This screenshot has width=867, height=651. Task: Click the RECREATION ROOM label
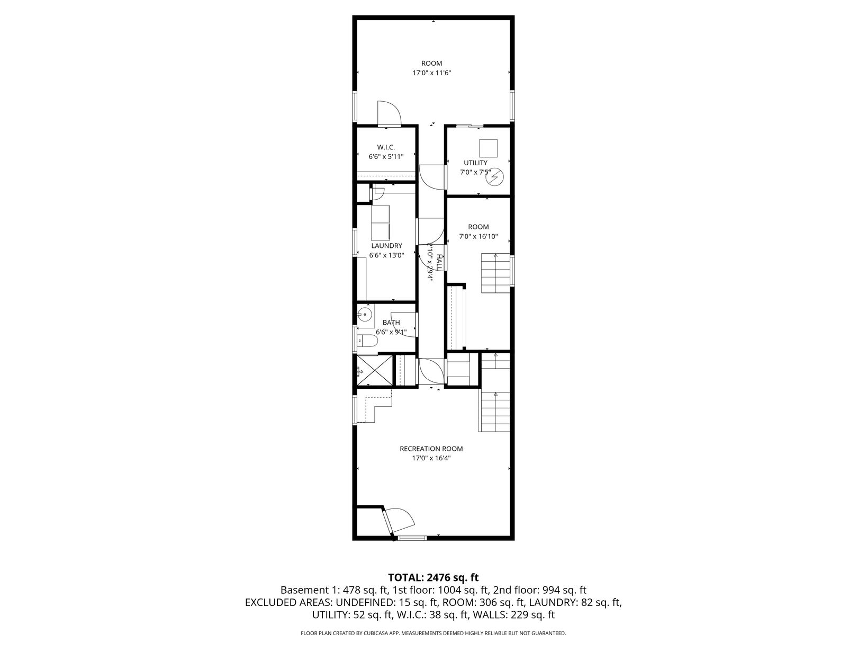click(431, 449)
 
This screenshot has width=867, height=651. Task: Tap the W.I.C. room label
click(386, 147)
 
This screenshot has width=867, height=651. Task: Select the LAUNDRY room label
click(386, 246)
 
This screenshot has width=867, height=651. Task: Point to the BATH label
click(391, 323)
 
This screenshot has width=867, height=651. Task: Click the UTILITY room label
click(475, 163)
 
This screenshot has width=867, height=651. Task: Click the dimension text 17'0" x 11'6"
click(432, 73)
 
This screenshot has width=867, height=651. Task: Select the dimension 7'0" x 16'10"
click(478, 237)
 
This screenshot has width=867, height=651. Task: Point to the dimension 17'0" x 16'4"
click(431, 459)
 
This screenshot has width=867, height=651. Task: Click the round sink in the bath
click(365, 315)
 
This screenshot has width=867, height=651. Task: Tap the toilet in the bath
click(368, 341)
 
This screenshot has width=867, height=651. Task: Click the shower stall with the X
click(374, 370)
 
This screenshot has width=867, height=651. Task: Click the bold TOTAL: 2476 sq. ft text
click(433, 577)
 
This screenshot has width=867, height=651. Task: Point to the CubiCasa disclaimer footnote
click(433, 633)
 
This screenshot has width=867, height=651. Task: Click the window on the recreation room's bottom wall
click(412, 538)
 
